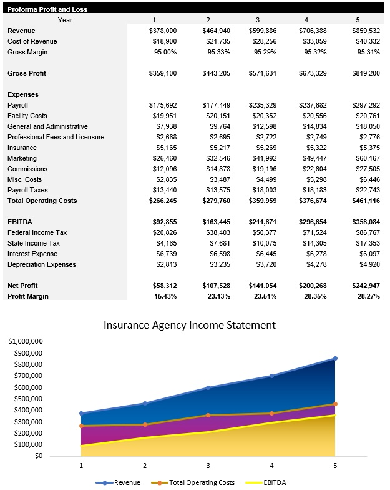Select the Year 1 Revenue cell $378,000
163,31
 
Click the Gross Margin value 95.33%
217,52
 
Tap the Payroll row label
17,105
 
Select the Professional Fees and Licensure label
56,137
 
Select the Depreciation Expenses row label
42,264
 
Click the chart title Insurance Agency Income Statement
189,325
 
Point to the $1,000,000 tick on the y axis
26,342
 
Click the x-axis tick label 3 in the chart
208,466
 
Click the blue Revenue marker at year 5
335,359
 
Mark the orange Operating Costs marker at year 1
81,426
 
